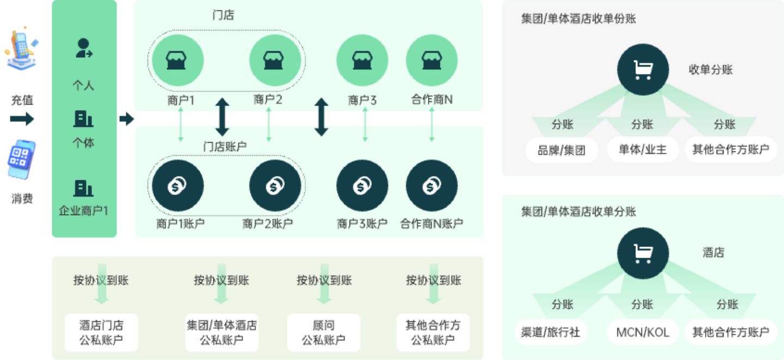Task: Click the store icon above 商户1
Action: pyautogui.click(x=177, y=60)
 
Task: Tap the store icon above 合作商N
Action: pyautogui.click(x=432, y=60)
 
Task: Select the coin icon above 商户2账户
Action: pyautogui.click(x=275, y=186)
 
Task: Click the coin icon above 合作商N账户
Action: pyautogui.click(x=432, y=186)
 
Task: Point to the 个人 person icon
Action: pyautogui.click(x=83, y=48)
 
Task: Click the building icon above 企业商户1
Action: pyautogui.click(x=83, y=188)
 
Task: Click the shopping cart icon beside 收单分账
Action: pyautogui.click(x=642, y=70)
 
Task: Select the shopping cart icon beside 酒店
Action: pyautogui.click(x=642, y=253)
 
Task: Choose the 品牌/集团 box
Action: pyautogui.click(x=562, y=150)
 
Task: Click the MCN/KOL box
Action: pyautogui.click(x=642, y=332)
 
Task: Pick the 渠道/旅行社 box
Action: pyautogui.click(x=550, y=332)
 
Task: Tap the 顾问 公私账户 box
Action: pyautogui.click(x=324, y=332)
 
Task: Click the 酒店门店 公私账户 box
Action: pyautogui.click(x=101, y=332)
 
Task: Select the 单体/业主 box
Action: pyautogui.click(x=642, y=150)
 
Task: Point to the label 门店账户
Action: pyautogui.click(x=225, y=146)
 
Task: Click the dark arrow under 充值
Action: pyautogui.click(x=22, y=118)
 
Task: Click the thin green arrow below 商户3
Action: pyautogui.click(x=365, y=125)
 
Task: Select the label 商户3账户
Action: pyautogui.click(x=362, y=223)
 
